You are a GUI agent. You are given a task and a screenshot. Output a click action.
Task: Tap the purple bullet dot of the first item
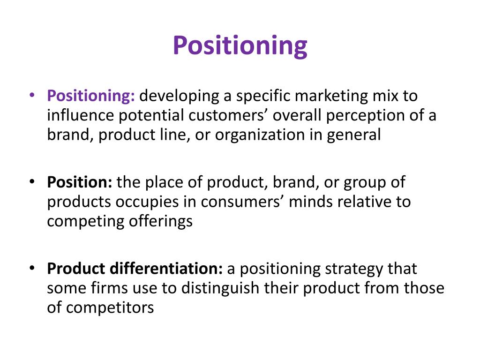(x=31, y=96)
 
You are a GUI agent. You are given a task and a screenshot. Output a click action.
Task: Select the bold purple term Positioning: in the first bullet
(x=91, y=96)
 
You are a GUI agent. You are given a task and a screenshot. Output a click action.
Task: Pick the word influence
(x=79, y=115)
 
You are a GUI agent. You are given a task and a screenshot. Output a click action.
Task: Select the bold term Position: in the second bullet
(x=79, y=182)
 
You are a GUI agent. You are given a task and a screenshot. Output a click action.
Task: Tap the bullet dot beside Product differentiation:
(x=31, y=269)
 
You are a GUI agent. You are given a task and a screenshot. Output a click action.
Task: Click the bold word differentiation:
(x=166, y=269)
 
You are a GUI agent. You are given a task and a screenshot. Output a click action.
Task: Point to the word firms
(x=106, y=288)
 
